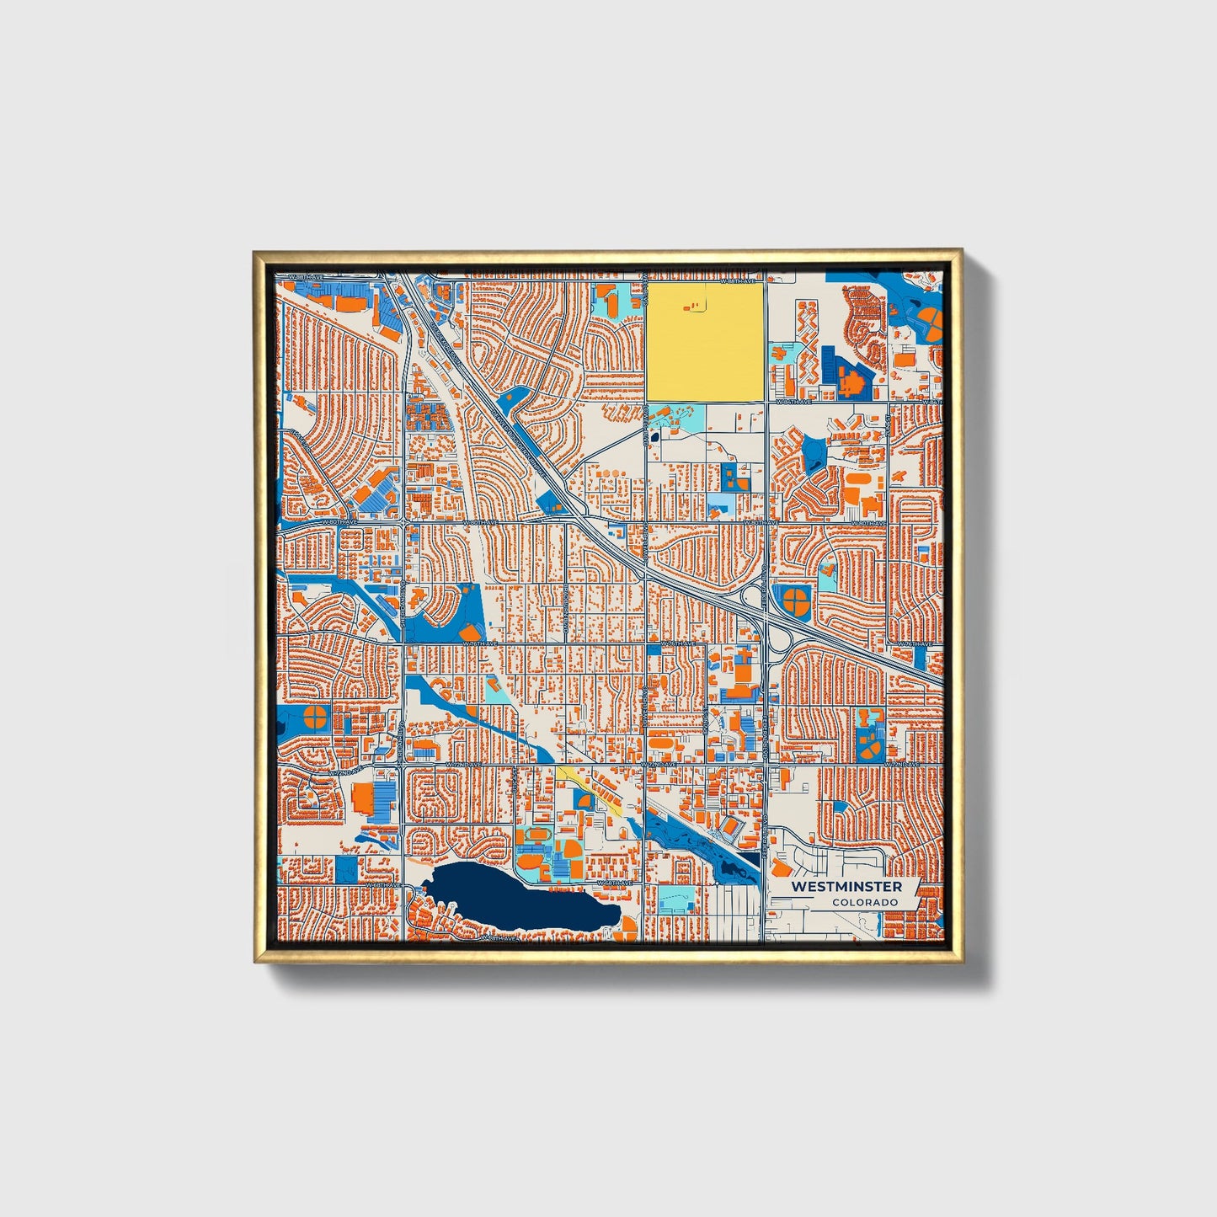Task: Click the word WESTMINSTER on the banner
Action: (x=846, y=887)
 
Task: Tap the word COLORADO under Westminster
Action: (x=864, y=902)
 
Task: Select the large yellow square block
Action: (x=705, y=341)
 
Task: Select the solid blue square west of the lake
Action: (x=346, y=868)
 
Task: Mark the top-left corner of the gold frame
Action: (x=256, y=252)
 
